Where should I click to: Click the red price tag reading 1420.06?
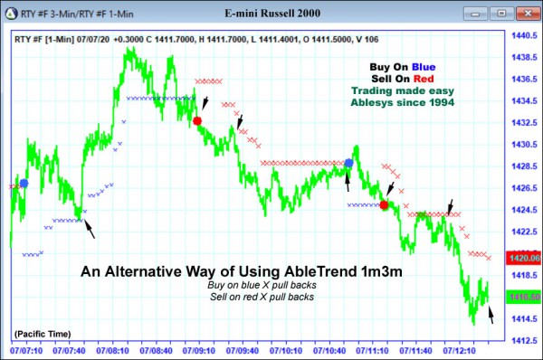[x=523, y=258]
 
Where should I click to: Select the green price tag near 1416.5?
[x=523, y=297]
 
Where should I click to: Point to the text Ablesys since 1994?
[x=402, y=103]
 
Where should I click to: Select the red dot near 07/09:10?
[x=197, y=120]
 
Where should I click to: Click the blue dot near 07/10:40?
[x=348, y=163]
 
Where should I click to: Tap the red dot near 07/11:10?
[x=384, y=205]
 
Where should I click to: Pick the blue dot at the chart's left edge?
[x=24, y=183]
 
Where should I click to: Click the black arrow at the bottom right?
[x=491, y=315]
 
